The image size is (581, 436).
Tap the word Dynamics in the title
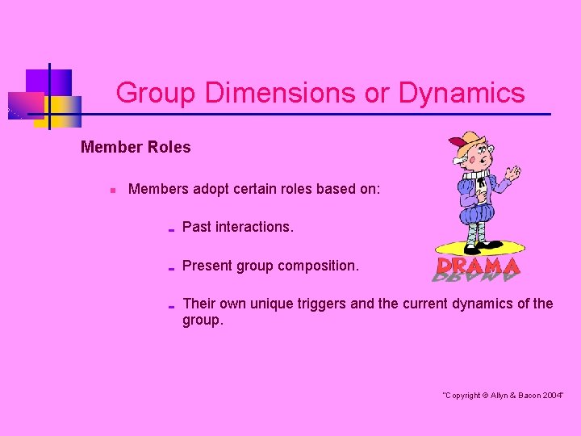461,94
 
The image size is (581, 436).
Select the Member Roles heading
136,147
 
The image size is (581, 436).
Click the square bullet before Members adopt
113,191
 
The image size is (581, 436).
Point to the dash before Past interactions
171,229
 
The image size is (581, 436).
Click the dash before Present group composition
171,267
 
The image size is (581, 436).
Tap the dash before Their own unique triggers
171,306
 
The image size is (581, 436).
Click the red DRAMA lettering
479,266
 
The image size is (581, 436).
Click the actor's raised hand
512,173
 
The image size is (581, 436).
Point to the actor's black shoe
487,246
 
